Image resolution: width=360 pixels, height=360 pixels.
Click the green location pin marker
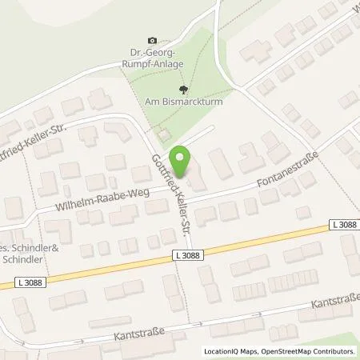tap(184, 162)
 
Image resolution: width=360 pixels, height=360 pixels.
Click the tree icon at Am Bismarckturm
tap(185, 90)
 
